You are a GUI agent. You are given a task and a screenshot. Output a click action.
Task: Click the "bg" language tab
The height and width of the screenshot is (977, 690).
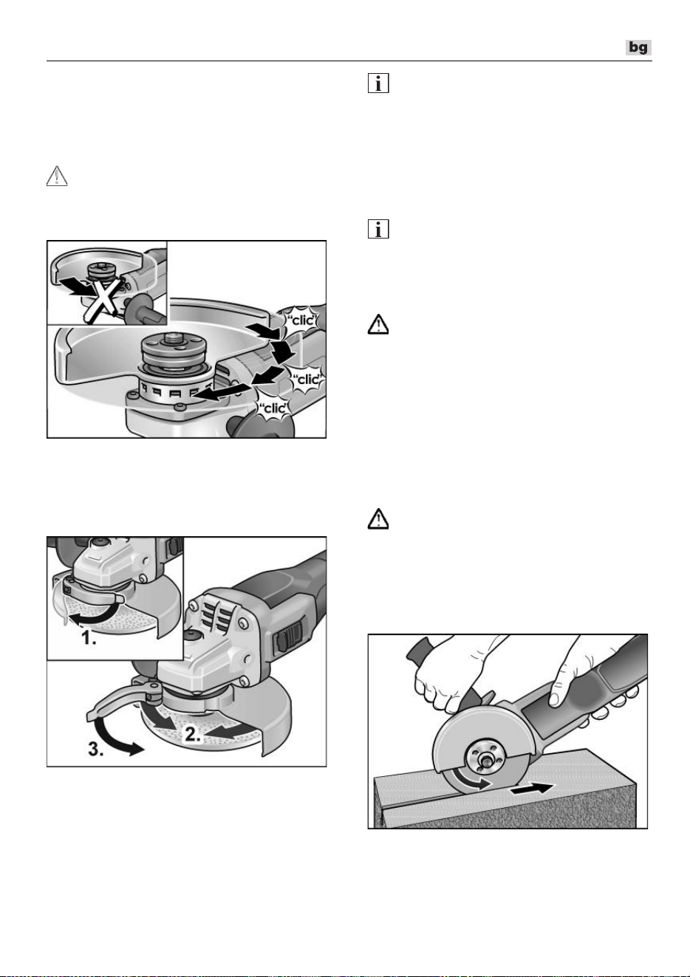(x=638, y=47)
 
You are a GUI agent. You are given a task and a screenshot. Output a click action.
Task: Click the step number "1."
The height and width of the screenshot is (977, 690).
(x=89, y=638)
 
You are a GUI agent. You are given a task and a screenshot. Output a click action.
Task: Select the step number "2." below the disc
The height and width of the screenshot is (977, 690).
(x=193, y=735)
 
